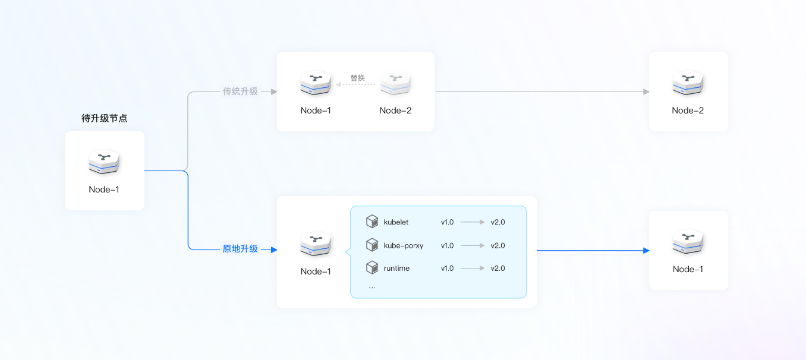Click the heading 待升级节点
point(105,118)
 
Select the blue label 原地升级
point(240,249)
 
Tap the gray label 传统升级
point(240,91)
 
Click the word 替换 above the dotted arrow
point(357,78)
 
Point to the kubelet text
point(396,222)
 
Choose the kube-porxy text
point(404,245)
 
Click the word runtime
point(396,269)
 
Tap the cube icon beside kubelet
point(372,222)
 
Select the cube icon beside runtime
point(372,268)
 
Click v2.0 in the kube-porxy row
point(498,245)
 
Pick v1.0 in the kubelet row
point(447,222)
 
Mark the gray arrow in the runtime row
point(473,269)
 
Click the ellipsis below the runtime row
point(372,287)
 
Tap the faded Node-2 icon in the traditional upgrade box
point(395,83)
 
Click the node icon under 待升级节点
point(105,162)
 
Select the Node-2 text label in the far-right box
point(688,110)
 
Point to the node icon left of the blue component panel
point(316,244)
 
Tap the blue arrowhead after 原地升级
point(273,250)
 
